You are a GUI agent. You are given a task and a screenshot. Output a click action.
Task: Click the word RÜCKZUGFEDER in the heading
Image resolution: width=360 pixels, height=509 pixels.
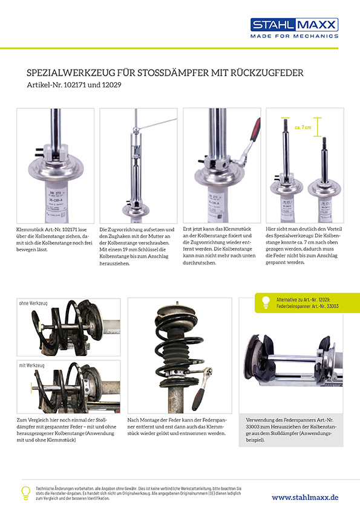(267, 73)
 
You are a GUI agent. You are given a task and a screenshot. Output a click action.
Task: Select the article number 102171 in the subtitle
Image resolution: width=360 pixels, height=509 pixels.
(76, 85)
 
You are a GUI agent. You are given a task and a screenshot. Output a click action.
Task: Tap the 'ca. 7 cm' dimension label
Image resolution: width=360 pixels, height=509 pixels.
(303, 127)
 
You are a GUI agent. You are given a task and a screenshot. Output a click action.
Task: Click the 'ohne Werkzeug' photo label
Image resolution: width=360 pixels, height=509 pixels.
(33, 303)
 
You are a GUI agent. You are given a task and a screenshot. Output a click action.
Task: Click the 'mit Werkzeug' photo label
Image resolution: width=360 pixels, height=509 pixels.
(31, 366)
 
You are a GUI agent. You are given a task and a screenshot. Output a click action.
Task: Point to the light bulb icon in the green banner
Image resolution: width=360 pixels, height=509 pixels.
(266, 302)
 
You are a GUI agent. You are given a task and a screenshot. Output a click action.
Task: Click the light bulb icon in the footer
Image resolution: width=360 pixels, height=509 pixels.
(25, 493)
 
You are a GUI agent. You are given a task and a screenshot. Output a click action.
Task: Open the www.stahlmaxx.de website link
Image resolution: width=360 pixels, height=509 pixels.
(305, 498)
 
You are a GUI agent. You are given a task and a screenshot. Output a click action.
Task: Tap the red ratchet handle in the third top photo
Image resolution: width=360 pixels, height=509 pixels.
(254, 130)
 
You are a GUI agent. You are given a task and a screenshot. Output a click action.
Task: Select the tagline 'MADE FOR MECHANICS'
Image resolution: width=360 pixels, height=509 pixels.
(294, 36)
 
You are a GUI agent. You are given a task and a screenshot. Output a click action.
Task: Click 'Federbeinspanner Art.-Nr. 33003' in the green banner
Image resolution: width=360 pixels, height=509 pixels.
(307, 306)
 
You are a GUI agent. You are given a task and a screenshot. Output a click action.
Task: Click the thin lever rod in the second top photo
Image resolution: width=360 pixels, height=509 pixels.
(157, 125)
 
